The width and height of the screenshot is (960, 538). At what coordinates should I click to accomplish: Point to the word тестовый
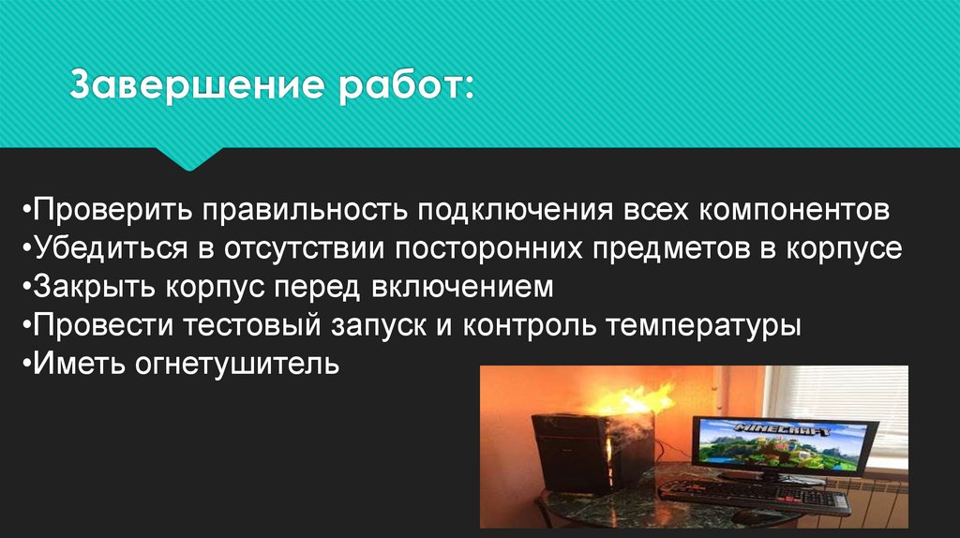tap(251, 326)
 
